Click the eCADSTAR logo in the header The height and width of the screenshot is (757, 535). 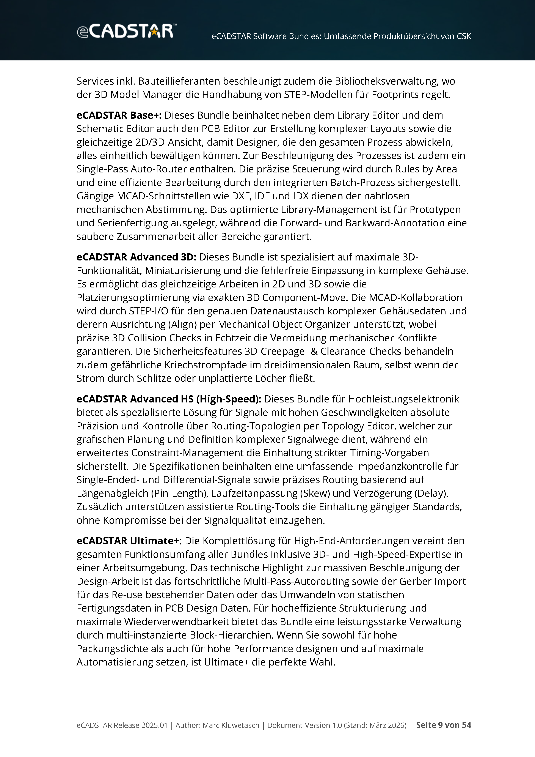[x=127, y=31]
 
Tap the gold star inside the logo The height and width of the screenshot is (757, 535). [x=154, y=32]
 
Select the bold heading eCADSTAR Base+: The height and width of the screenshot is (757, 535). [x=119, y=115]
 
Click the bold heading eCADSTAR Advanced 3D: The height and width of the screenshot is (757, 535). [x=136, y=257]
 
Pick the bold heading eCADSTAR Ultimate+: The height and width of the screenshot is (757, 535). [x=129, y=541]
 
